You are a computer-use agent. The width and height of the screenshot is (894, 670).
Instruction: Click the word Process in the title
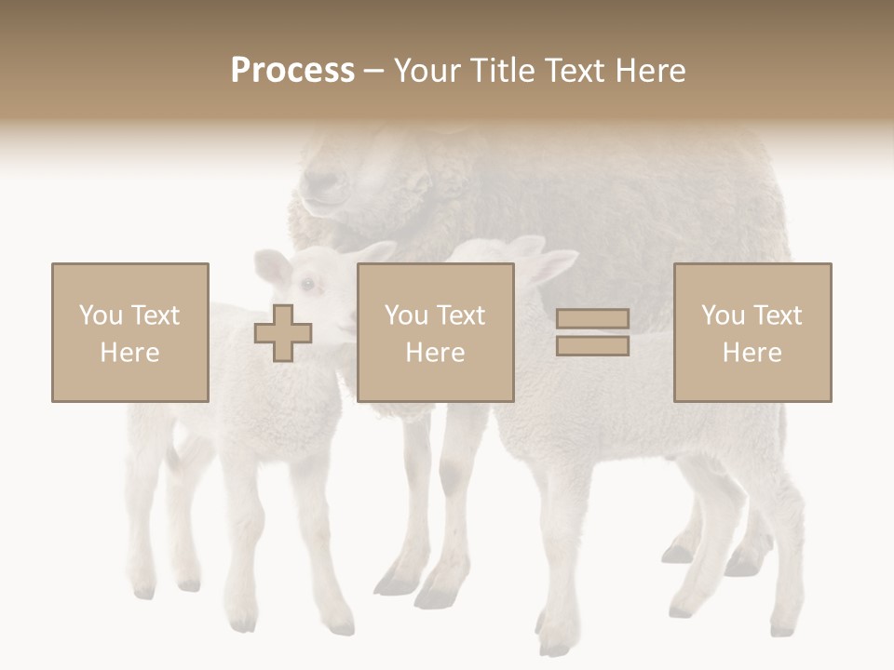point(292,71)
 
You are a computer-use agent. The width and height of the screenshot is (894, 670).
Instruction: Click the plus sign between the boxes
point(283,333)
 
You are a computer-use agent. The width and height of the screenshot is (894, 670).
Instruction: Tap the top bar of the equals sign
point(592,319)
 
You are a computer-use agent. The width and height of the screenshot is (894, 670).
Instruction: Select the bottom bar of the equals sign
point(592,346)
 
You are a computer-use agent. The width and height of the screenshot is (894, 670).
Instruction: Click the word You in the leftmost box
point(101,315)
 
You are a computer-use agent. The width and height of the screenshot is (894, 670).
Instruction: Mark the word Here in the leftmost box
point(129,353)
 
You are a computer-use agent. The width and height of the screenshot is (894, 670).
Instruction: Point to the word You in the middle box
point(406,315)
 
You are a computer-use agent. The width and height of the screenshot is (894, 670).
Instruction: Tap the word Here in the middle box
point(435,353)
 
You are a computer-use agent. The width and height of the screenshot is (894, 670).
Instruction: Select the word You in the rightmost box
point(723,315)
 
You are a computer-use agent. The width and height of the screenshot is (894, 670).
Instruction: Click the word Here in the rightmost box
point(752,353)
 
